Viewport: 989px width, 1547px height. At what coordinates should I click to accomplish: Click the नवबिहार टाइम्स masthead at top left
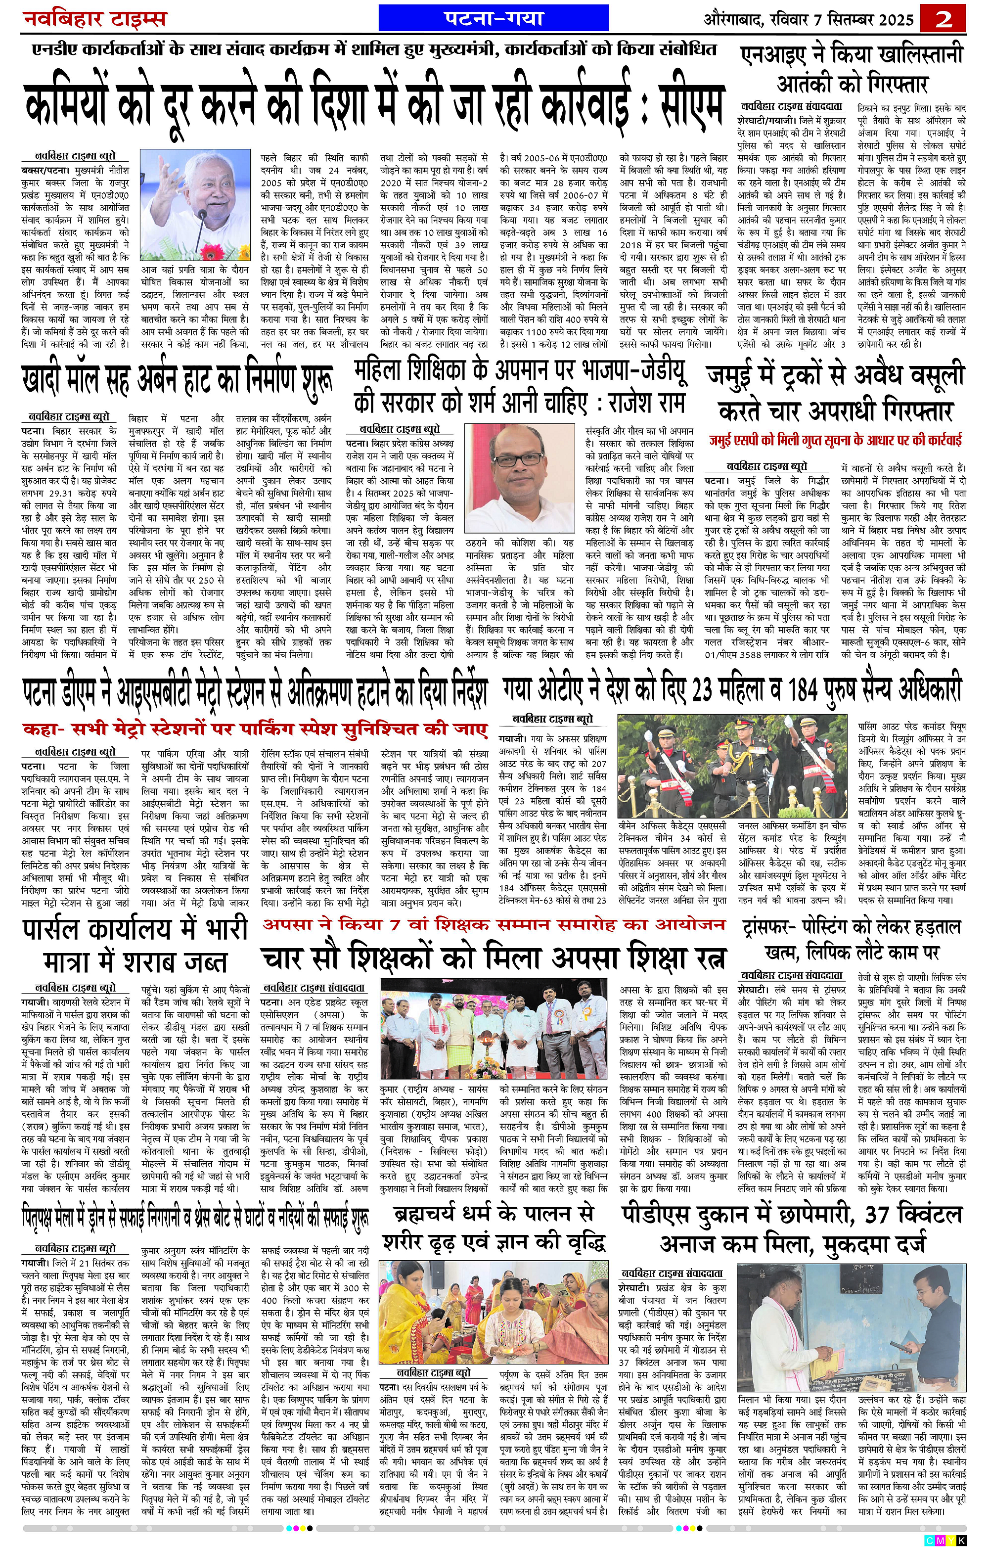95,19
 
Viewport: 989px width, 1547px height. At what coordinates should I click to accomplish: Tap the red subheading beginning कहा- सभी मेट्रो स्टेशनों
254,729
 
